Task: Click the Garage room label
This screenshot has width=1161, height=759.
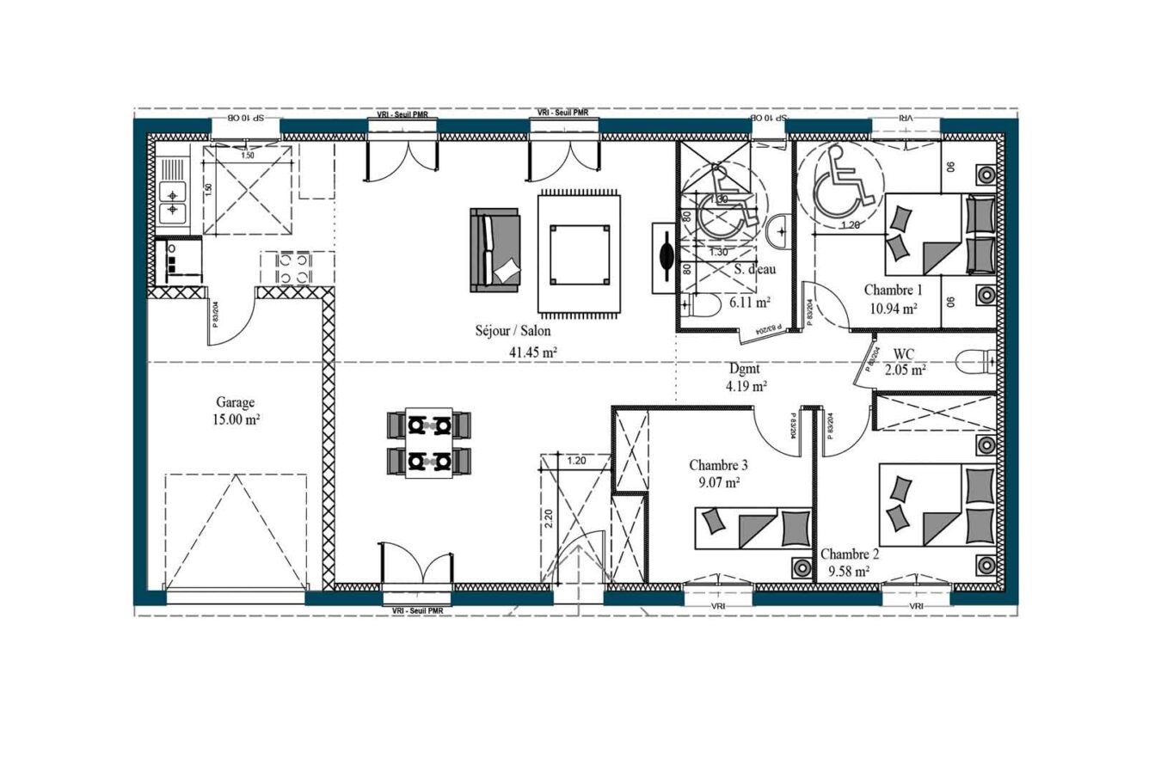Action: coord(235,401)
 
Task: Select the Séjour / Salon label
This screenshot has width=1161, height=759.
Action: coord(513,330)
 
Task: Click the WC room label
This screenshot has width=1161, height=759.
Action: coord(904,353)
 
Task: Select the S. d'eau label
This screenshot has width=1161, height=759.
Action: coord(754,269)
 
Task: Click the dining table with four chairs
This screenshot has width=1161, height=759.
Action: coord(429,444)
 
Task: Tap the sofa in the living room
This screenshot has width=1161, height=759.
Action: coord(495,250)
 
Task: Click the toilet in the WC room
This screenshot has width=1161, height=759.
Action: coord(975,361)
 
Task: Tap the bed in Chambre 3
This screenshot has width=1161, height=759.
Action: coord(753,527)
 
